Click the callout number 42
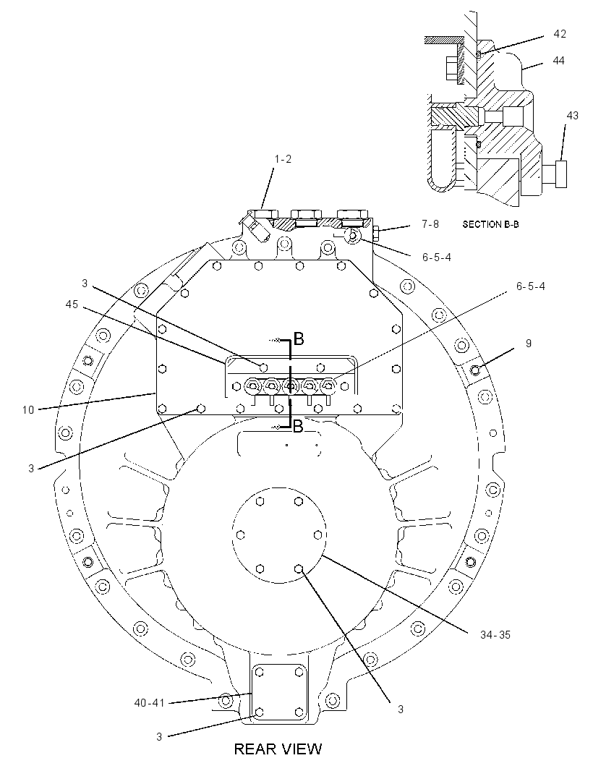point(560,34)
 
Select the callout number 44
point(558,61)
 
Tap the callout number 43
point(572,116)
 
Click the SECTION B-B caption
point(490,224)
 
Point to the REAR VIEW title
point(278,749)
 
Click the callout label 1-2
point(283,159)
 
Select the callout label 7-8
point(430,224)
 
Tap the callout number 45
point(72,304)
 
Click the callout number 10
point(28,409)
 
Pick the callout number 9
point(529,344)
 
